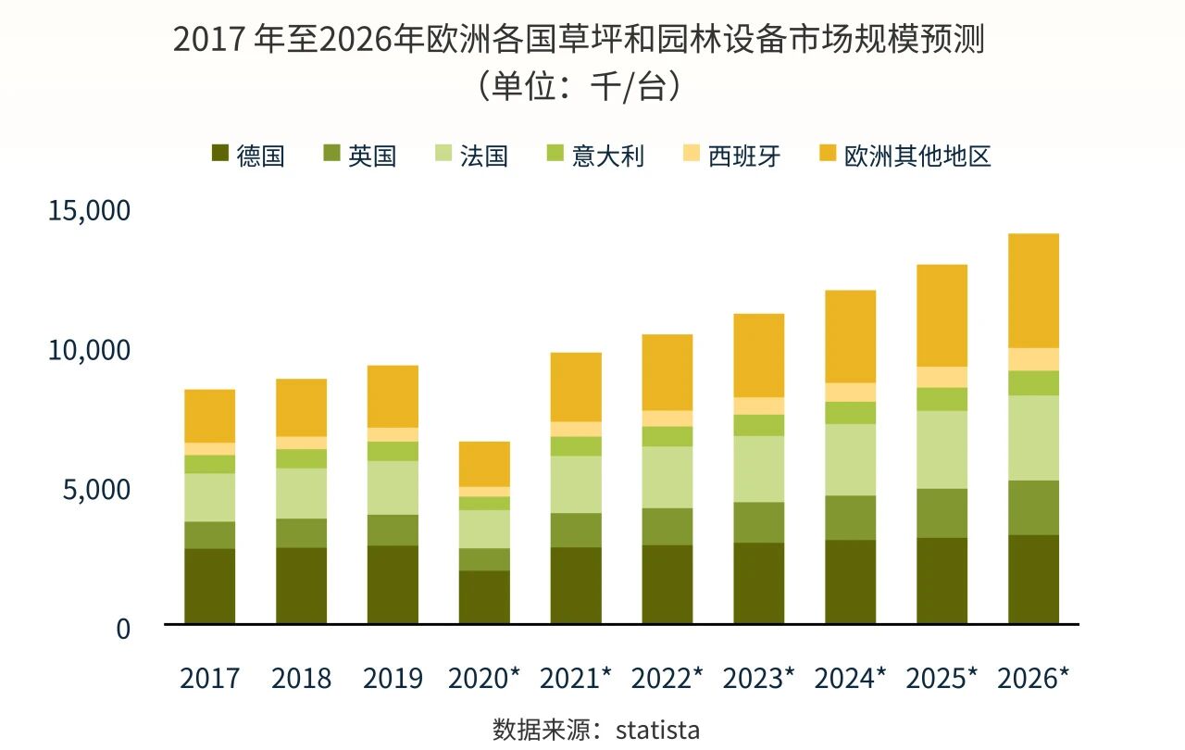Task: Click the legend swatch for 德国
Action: tap(219, 155)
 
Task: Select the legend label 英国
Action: tap(372, 156)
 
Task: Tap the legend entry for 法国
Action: tap(483, 156)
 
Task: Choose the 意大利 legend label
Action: tap(608, 156)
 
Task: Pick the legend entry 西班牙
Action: tap(744, 156)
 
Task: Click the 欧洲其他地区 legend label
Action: tap(917, 156)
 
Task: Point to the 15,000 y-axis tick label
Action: tap(89, 211)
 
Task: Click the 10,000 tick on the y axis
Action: tap(89, 351)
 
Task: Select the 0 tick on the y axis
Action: tap(123, 628)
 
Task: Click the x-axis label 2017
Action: tap(209, 678)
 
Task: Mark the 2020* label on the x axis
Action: tap(484, 678)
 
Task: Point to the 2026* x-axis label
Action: tap(1033, 678)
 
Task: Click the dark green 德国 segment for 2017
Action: tap(209, 586)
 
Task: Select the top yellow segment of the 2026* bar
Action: tap(1033, 291)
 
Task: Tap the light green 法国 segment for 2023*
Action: tap(758, 469)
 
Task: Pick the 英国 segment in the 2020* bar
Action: tap(484, 559)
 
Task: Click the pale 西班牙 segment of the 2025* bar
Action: tap(942, 377)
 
